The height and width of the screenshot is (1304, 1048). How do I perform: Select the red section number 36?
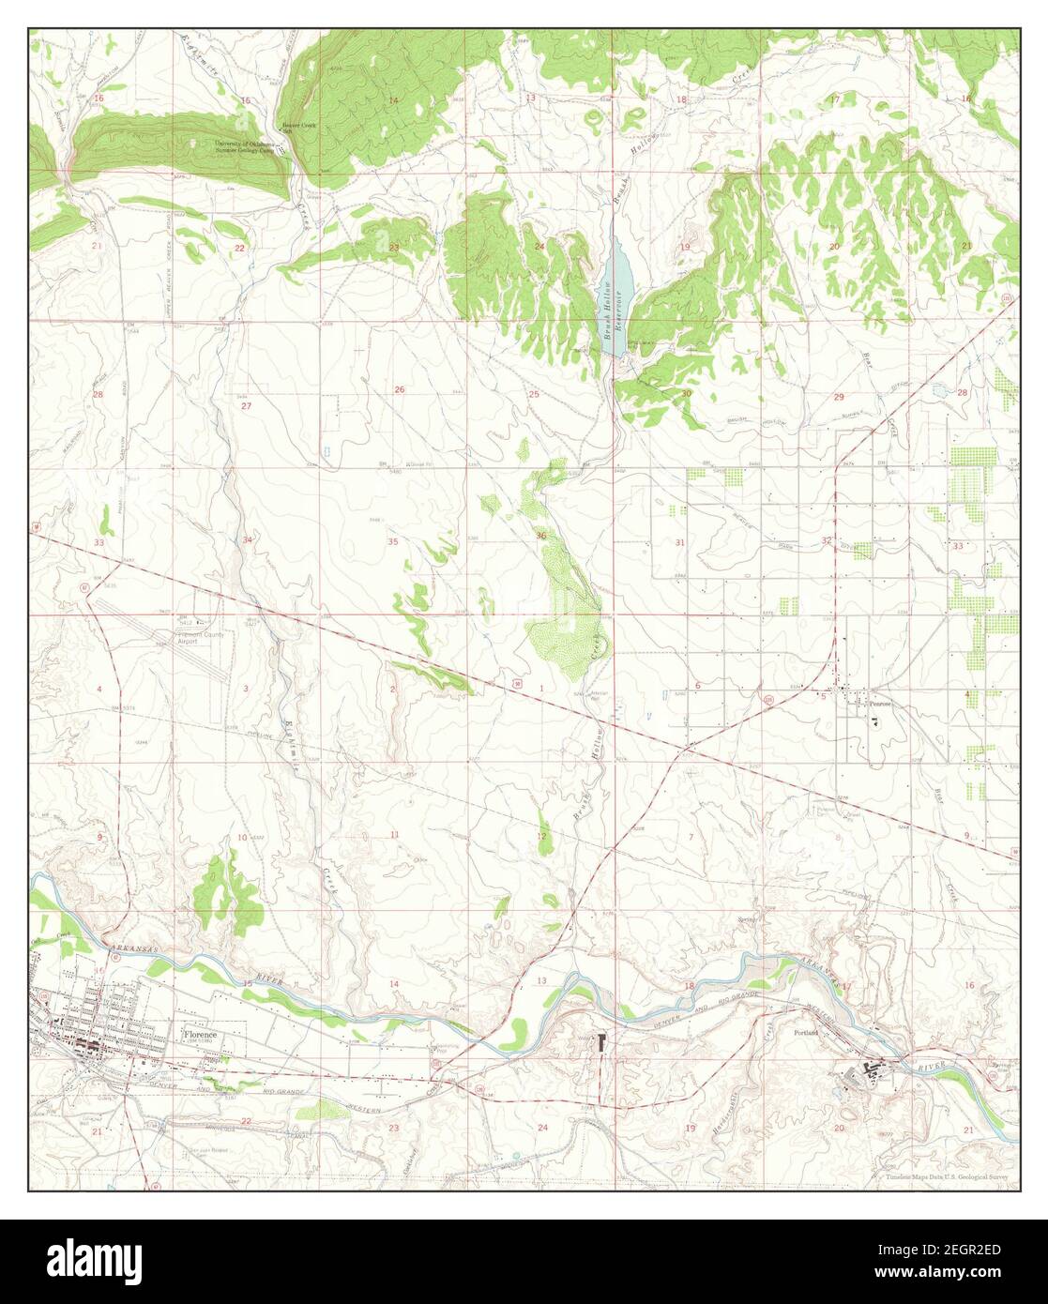pos(541,536)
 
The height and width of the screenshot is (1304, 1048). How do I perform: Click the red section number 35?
pos(393,541)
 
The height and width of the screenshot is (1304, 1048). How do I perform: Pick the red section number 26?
pos(399,389)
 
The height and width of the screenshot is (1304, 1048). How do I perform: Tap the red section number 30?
pos(685,393)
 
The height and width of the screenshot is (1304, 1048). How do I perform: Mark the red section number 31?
pos(680,543)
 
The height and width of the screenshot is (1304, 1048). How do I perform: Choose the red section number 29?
pos(839,397)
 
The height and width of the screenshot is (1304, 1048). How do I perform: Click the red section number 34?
pos(247,540)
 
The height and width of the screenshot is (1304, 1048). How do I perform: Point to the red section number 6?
pos(698,686)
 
